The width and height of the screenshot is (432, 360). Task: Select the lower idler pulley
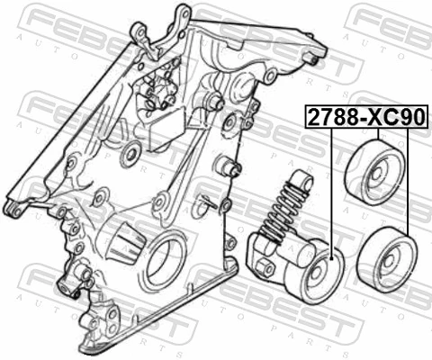pos(385,256)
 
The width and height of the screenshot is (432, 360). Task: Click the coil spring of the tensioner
pos(288,208)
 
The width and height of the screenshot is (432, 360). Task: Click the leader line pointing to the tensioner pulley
pos(331,189)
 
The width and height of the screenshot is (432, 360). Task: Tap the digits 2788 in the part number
pos(329,116)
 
